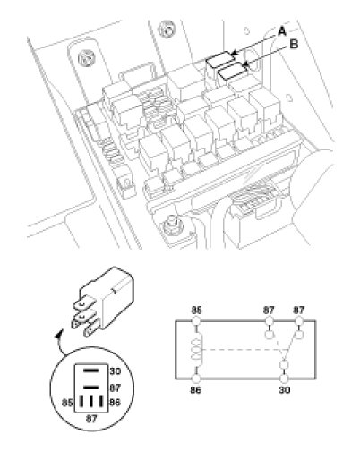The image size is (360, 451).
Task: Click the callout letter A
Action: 282,31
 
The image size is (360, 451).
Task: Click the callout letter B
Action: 294,45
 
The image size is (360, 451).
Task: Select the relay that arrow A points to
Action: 220,59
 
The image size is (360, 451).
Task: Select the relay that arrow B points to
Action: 233,71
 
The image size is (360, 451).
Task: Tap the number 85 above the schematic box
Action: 196,311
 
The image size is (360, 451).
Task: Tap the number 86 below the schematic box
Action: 196,390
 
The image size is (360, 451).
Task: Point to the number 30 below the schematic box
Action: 285,390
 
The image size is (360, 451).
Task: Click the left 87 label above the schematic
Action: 269,311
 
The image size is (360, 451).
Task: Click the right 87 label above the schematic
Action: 298,311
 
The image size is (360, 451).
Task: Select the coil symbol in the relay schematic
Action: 197,350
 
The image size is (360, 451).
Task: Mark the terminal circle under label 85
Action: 196,321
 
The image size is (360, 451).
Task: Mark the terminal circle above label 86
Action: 196,379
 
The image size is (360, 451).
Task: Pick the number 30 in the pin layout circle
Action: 115,371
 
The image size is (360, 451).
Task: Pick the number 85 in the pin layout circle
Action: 67,403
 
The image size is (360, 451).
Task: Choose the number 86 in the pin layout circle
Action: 115,403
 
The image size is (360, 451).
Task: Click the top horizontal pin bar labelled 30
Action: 90,370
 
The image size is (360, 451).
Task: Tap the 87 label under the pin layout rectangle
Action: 91,419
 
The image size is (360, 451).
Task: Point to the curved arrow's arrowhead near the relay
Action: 58,335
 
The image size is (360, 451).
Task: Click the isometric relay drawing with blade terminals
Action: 102,302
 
